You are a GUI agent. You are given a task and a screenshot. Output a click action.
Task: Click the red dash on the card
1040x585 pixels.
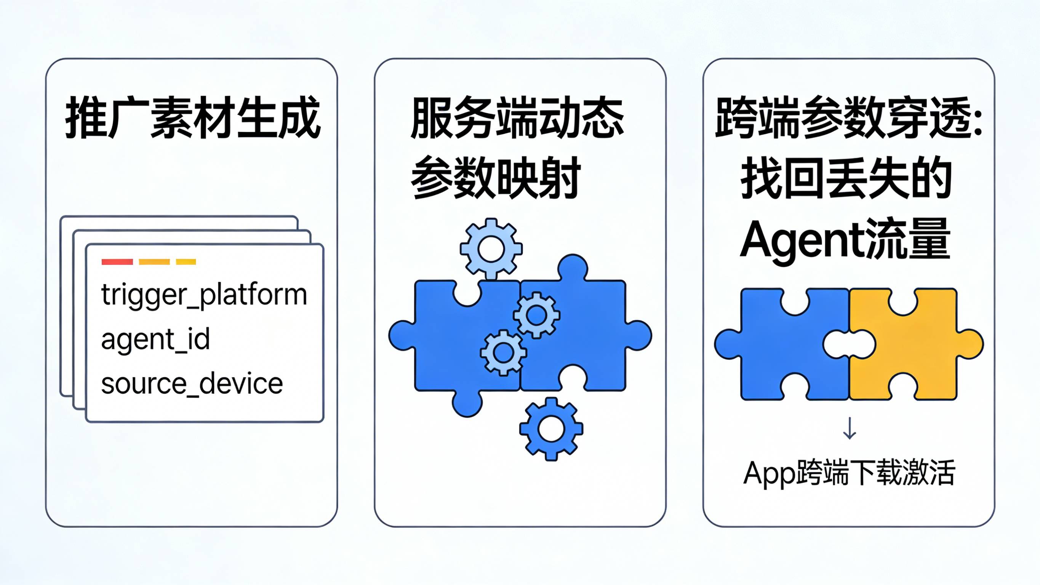click(117, 262)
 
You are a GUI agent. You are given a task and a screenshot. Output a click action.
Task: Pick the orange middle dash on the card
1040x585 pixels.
click(154, 262)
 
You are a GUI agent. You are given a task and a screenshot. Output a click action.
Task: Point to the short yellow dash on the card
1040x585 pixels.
click(186, 262)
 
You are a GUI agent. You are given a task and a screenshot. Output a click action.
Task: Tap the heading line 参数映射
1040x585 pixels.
click(495, 178)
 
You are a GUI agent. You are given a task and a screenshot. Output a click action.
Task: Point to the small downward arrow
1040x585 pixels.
click(850, 428)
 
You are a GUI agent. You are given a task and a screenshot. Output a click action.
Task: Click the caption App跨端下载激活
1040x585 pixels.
click(849, 472)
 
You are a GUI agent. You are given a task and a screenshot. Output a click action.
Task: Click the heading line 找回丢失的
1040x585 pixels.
click(846, 178)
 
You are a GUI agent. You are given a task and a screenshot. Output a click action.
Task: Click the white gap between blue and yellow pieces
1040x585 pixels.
click(850, 344)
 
